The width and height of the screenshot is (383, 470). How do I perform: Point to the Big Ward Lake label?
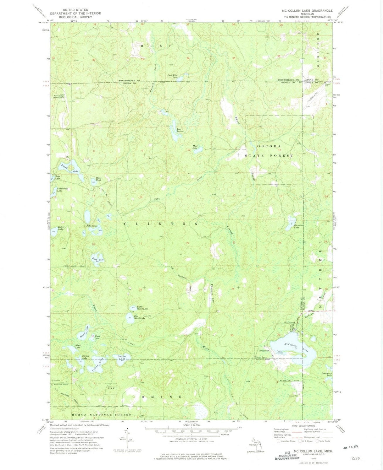pyautogui.click(x=139, y=318)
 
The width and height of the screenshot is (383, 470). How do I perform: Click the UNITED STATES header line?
pyautogui.click(x=76, y=10)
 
